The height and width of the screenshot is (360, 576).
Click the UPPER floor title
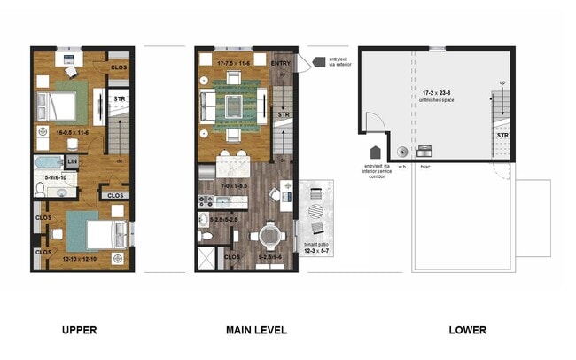(x=79, y=330)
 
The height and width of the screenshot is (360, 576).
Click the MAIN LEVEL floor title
(x=256, y=330)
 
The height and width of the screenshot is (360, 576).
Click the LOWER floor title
(x=467, y=330)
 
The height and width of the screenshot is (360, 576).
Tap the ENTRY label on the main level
(x=280, y=63)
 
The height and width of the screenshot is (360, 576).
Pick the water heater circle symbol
(x=401, y=150)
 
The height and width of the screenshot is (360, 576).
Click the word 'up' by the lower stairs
(x=503, y=82)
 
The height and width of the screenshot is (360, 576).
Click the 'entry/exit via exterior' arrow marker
(x=302, y=62)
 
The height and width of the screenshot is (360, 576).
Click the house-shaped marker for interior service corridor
(x=375, y=152)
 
